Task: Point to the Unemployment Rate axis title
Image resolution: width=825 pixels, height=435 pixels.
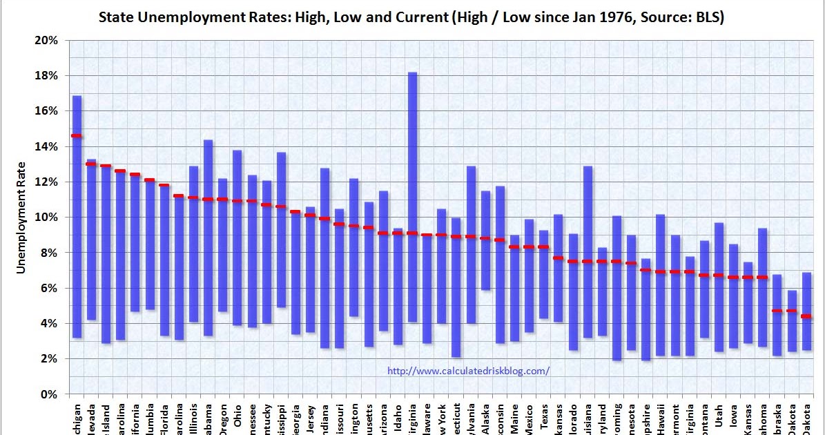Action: (x=21, y=217)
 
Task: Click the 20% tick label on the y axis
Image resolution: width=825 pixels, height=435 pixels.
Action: (x=46, y=40)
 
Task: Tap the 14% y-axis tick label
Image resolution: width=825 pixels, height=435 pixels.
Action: (x=46, y=146)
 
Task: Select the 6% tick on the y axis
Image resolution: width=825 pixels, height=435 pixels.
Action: (x=49, y=288)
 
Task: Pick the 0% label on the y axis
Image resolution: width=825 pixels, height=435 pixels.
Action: (x=49, y=394)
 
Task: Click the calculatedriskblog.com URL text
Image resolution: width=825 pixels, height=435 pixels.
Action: (x=469, y=371)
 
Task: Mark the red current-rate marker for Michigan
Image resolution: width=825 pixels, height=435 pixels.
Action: (x=77, y=136)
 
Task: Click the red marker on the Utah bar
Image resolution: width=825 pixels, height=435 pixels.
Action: (x=719, y=275)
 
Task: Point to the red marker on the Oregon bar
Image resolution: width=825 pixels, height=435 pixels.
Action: (x=222, y=200)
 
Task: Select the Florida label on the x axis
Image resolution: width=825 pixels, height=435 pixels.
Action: (x=164, y=416)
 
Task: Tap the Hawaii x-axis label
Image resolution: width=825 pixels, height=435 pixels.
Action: (x=660, y=416)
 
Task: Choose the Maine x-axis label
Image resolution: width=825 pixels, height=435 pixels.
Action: (x=514, y=416)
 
